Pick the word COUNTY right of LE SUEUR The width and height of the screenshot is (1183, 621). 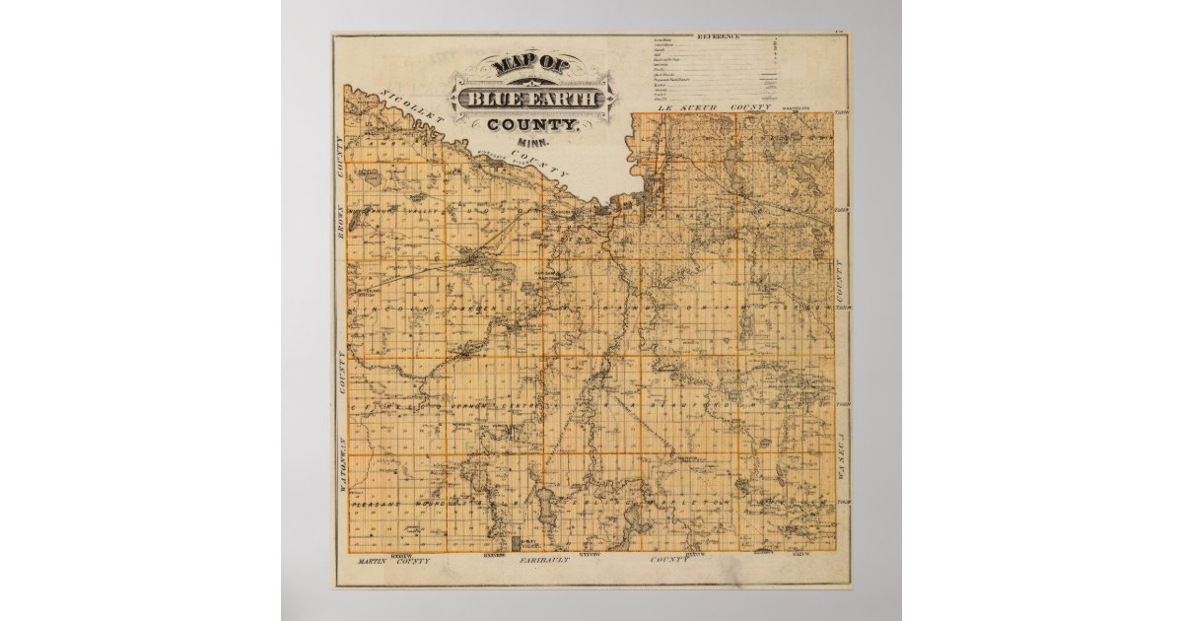(748, 105)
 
